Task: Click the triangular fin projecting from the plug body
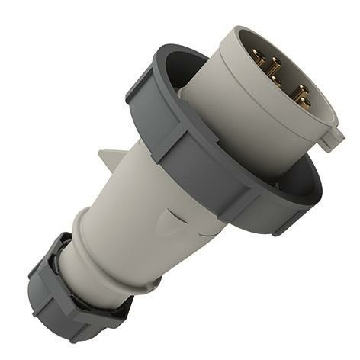click(106, 161)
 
